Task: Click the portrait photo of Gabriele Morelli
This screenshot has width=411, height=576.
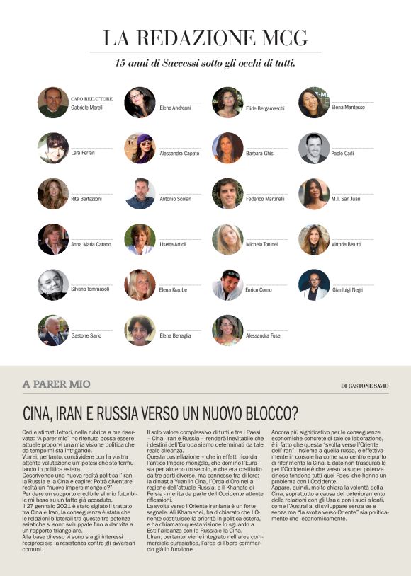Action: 53,102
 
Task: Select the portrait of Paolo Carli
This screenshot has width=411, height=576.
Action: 314,148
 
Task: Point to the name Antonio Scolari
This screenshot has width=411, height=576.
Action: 174,199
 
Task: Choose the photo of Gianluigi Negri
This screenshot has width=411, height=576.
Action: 314,284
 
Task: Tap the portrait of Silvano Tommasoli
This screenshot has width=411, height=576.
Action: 53,284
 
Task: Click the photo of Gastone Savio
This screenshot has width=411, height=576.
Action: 53,330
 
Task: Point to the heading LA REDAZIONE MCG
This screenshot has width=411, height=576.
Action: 205,38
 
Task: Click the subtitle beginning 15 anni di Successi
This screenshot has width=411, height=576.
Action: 205,63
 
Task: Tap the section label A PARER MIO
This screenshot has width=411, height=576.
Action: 57,384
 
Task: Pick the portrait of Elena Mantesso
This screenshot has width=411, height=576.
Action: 314,102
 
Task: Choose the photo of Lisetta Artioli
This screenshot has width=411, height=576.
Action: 140,239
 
